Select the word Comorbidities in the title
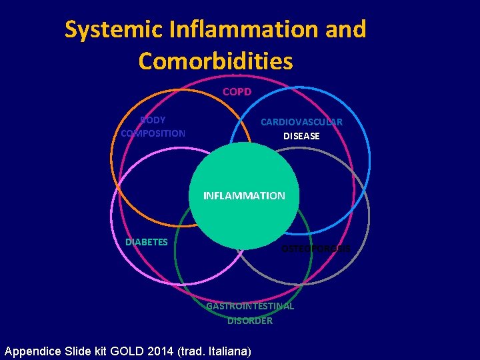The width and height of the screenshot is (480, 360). pyautogui.click(x=215, y=61)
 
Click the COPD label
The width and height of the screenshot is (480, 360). pyautogui.click(x=237, y=91)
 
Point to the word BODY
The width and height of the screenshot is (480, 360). pyautogui.click(x=153, y=120)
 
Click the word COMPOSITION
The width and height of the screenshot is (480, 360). pyautogui.click(x=153, y=133)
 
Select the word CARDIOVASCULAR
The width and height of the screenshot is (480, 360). pyautogui.click(x=301, y=122)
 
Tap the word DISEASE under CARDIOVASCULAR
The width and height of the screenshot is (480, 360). pyautogui.click(x=301, y=136)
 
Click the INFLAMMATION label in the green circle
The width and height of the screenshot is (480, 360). pyautogui.click(x=244, y=196)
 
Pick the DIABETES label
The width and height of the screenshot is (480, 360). pyautogui.click(x=147, y=242)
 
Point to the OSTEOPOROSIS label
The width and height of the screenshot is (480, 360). pyautogui.click(x=315, y=249)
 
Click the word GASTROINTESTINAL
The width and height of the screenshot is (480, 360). pyautogui.click(x=250, y=306)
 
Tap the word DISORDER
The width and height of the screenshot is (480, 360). pyautogui.click(x=250, y=321)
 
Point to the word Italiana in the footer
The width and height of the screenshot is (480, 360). pyautogui.click(x=229, y=351)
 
